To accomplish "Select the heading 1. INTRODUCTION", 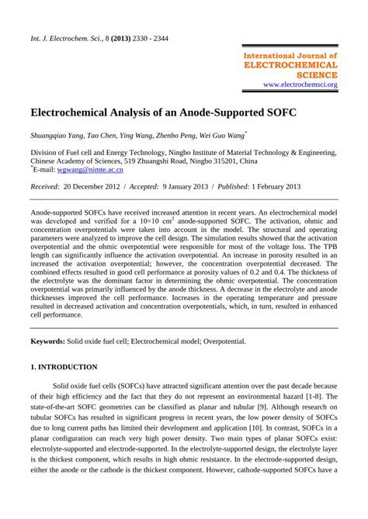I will tap(63, 366).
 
